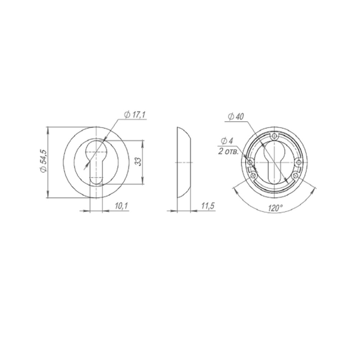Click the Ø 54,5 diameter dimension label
[43, 161]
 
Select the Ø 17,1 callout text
[135, 115]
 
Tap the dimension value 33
[138, 161]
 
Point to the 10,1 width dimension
[121, 206]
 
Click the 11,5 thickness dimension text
[208, 206]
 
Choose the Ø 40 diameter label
[236, 117]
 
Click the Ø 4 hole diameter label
[227, 141]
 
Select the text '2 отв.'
[229, 151]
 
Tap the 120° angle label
[275, 208]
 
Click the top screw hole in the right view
[274, 137]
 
